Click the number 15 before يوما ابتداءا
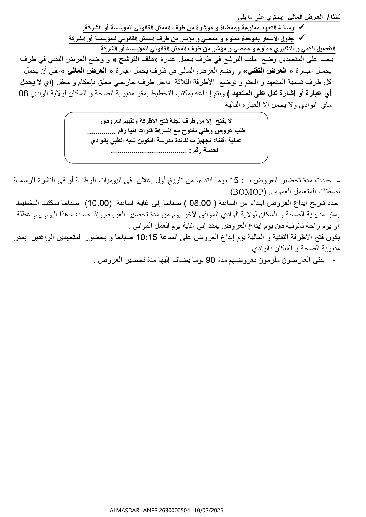(234, 180)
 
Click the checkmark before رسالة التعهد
(301, 27)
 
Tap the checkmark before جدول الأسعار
(301, 38)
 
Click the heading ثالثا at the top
(334, 17)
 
